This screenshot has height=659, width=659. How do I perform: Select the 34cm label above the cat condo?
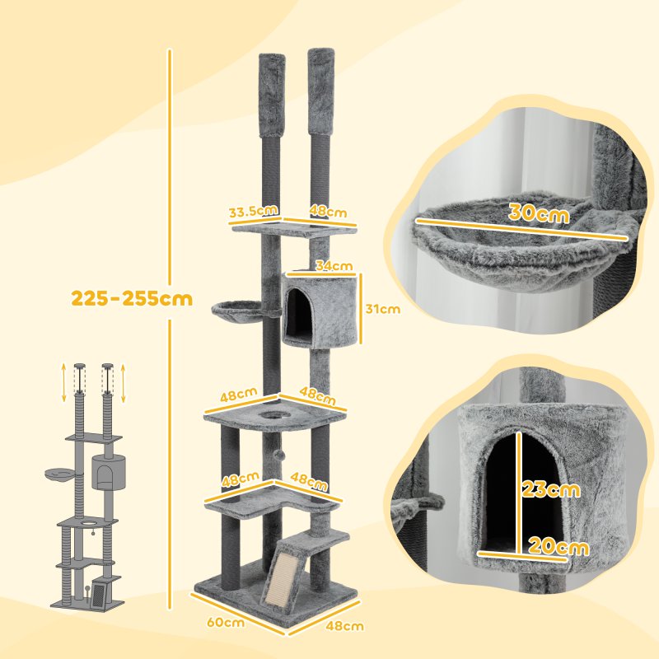[334, 266]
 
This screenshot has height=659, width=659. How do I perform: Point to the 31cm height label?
[383, 310]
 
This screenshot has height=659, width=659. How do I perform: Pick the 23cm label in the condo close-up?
[551, 489]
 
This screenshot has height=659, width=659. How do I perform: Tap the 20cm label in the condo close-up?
[560, 547]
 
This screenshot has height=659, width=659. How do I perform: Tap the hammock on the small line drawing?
[62, 474]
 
